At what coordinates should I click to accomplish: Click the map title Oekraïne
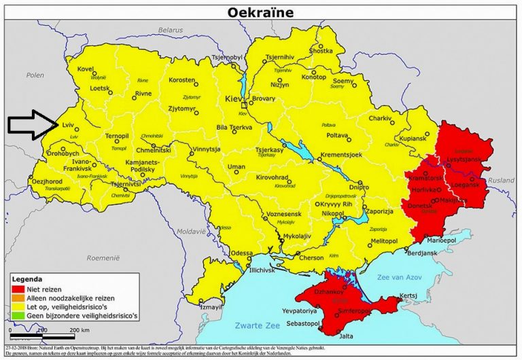[x=261, y=12]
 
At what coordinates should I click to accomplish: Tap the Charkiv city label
[x=380, y=119]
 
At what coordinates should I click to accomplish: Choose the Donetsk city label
[x=419, y=205]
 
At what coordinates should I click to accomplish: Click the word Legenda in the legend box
[x=29, y=278]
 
